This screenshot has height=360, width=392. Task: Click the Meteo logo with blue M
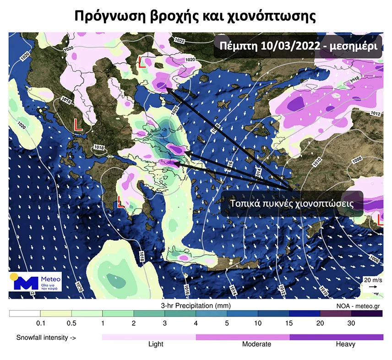pos(35,282)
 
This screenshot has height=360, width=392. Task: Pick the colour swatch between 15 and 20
pos(304,314)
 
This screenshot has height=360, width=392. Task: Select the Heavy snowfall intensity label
pos(345,344)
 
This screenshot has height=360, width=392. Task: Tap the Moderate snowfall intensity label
pos(256,344)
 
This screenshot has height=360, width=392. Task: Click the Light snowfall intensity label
pos(156,344)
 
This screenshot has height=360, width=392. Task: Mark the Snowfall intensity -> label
pos(46,338)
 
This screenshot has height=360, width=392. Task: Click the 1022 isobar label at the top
pos(180,41)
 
